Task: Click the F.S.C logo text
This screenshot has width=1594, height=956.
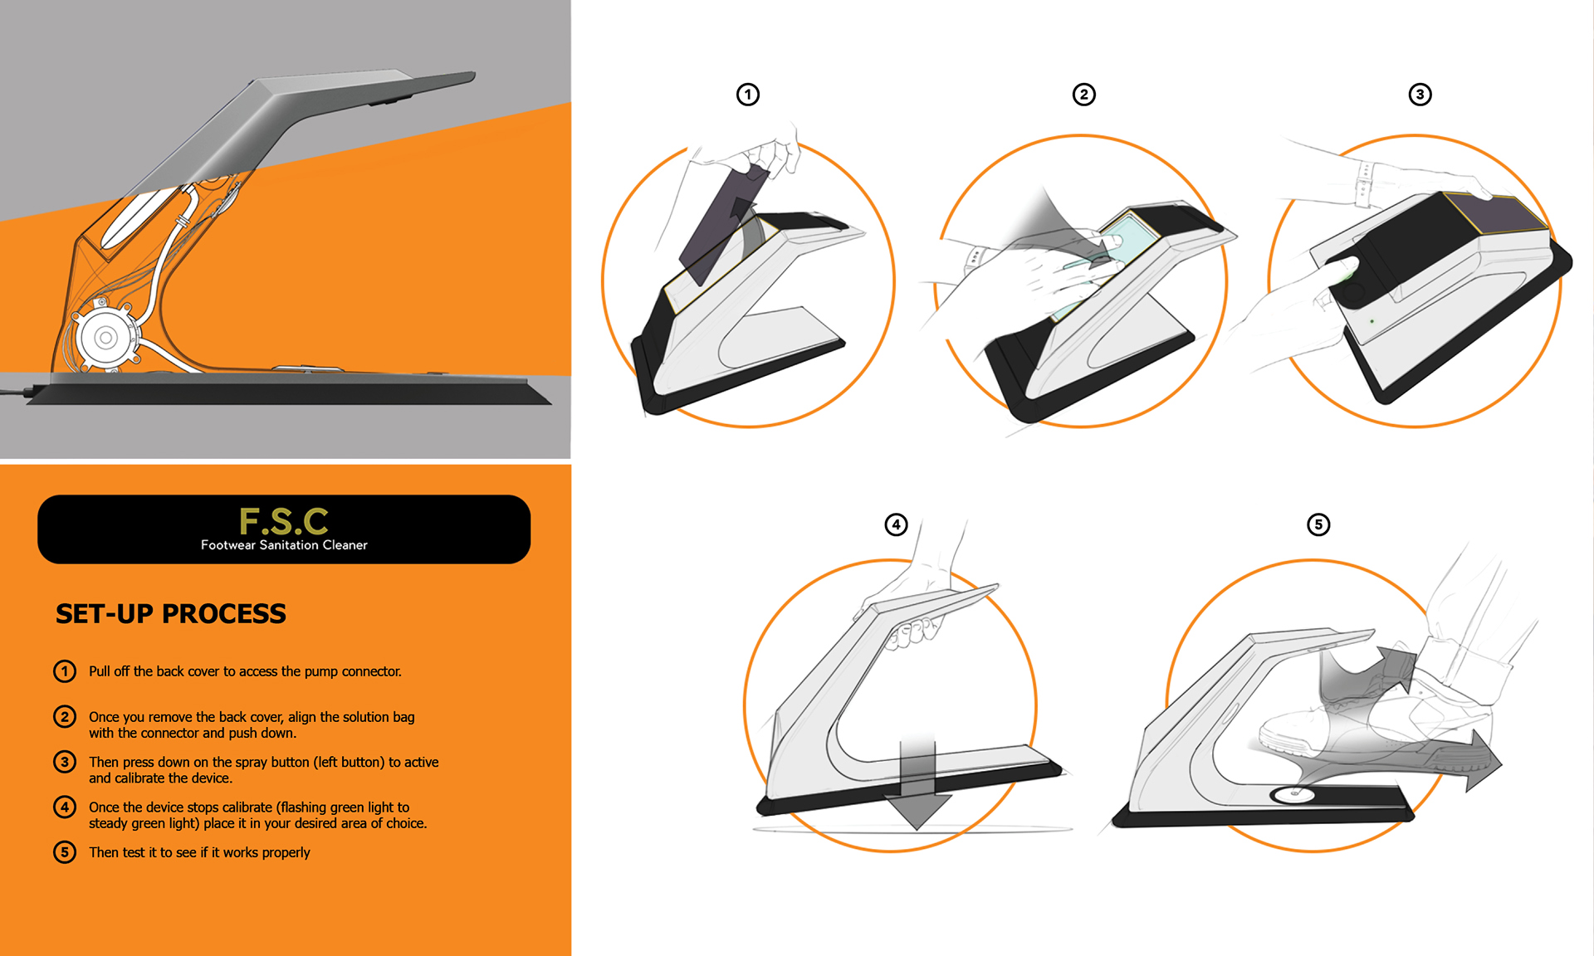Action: tap(284, 521)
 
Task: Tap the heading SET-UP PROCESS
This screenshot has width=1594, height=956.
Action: tap(171, 614)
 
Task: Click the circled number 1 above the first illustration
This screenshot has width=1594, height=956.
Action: tap(748, 95)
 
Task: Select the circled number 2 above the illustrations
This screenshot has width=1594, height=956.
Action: tap(1084, 95)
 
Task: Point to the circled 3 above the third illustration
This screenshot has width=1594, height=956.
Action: tap(1420, 95)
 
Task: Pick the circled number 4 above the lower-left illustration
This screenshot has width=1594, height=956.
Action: tap(897, 524)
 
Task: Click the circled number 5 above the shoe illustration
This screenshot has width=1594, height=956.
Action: tap(1318, 524)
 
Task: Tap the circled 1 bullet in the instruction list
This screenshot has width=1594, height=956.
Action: tap(65, 671)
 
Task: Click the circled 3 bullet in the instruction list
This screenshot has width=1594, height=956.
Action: tap(65, 762)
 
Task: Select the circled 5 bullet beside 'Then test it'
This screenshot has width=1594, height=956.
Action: tap(65, 852)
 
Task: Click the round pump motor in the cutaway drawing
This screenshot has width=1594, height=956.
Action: tap(105, 337)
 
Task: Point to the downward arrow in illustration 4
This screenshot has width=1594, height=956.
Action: tap(917, 780)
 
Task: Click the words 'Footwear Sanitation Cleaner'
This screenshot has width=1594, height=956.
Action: tap(284, 545)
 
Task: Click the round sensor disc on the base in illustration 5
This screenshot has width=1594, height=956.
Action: tap(1292, 794)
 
